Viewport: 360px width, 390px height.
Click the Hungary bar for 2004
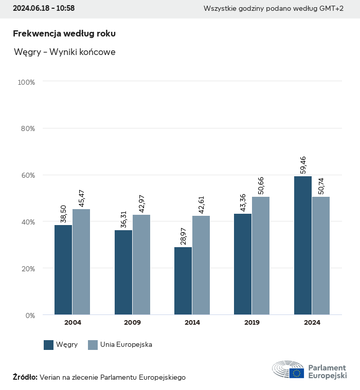point(63,270)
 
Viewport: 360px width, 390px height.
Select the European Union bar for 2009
point(141,265)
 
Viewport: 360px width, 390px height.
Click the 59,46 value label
point(302,163)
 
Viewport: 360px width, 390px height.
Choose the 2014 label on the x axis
point(192,323)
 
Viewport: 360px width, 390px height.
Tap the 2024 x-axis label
point(312,323)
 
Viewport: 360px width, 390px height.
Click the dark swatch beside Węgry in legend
point(49,345)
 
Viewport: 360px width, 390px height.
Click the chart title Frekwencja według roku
point(64,33)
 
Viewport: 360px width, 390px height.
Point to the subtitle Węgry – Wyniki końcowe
point(65,52)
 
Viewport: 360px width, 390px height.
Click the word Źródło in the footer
point(25,377)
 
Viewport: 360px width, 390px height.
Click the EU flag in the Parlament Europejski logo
point(297,373)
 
